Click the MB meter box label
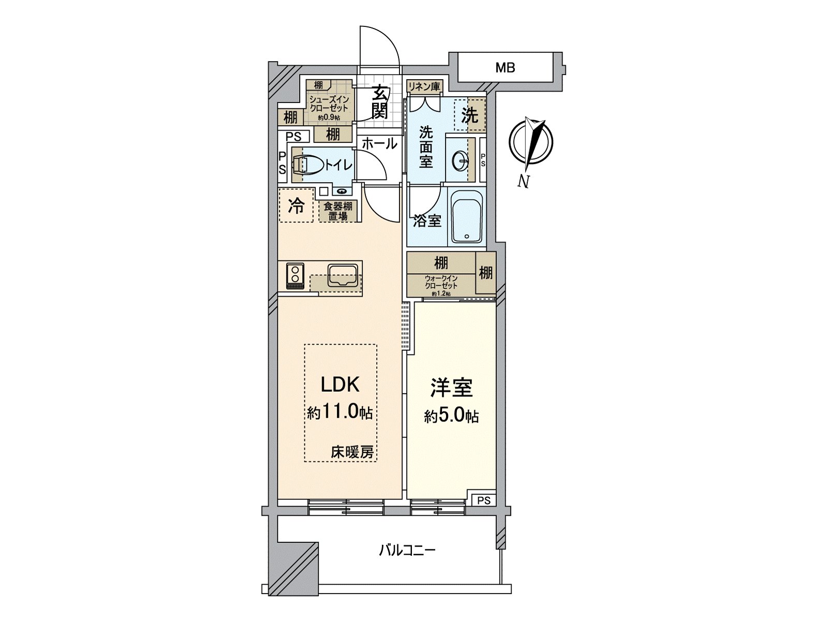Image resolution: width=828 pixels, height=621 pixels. (x=505, y=68)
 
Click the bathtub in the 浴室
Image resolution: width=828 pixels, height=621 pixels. (x=467, y=216)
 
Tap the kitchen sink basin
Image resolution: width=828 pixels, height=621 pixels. (x=343, y=276)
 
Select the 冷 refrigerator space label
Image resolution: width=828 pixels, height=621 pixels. (x=296, y=206)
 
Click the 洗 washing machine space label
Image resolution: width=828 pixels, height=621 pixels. (x=470, y=115)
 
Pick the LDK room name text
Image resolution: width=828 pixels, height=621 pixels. (x=340, y=385)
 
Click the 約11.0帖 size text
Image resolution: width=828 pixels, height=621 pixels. (x=340, y=413)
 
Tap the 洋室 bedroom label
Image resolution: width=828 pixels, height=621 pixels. (x=452, y=388)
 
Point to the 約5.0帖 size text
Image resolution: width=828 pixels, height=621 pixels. (x=452, y=416)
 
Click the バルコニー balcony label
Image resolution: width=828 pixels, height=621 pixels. (x=407, y=551)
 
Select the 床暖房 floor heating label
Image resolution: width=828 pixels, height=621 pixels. (x=352, y=452)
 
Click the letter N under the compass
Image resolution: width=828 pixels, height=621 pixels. (x=523, y=182)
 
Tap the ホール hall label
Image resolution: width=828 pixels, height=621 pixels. (x=380, y=144)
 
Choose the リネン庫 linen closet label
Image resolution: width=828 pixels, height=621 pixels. (x=424, y=86)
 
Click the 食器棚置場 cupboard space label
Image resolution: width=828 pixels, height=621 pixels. (x=338, y=211)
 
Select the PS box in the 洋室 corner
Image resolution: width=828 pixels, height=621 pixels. (x=484, y=500)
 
